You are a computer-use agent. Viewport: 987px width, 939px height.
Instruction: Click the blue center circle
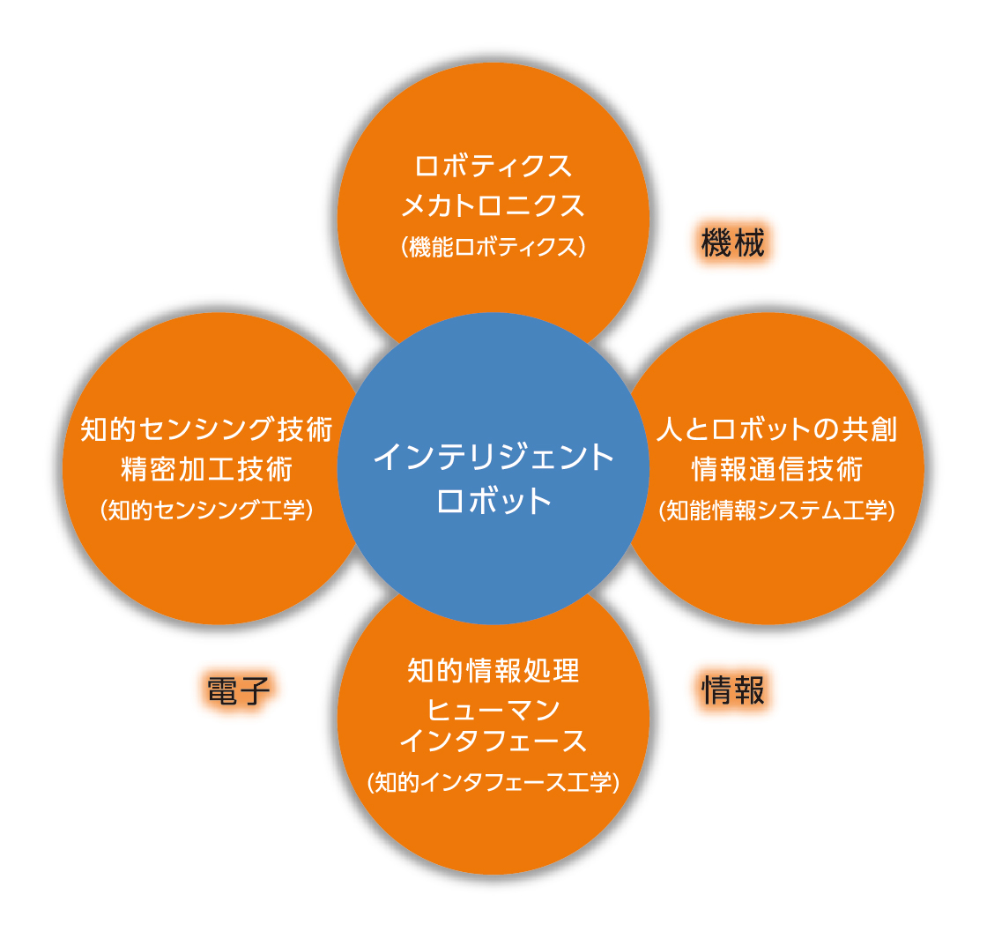click(x=493, y=468)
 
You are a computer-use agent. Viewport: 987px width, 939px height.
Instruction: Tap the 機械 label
click(x=732, y=243)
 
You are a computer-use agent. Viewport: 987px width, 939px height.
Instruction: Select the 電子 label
click(x=238, y=690)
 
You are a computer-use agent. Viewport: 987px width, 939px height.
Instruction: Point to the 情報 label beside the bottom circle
click(x=732, y=689)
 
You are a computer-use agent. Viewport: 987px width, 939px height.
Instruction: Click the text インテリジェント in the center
click(x=493, y=456)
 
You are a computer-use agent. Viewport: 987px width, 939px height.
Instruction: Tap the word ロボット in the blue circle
click(x=493, y=502)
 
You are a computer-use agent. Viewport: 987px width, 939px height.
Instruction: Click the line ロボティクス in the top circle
click(x=493, y=167)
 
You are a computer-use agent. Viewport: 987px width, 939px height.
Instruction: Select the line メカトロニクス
click(x=493, y=206)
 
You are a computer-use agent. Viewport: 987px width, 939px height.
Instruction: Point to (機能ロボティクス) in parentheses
click(x=493, y=246)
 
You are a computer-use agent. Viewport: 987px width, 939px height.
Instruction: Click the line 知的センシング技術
click(x=206, y=429)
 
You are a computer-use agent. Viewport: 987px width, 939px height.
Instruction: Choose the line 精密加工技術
click(x=206, y=469)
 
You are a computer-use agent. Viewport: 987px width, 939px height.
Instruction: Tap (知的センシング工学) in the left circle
click(x=206, y=510)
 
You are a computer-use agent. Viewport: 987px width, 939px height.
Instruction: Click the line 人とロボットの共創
click(x=776, y=429)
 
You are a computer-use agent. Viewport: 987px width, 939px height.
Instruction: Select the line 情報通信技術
click(x=776, y=469)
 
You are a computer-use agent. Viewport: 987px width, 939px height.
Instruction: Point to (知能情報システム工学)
click(x=776, y=510)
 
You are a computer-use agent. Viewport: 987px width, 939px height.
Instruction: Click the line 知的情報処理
click(x=493, y=670)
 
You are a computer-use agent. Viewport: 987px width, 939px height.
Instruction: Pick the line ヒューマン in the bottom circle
click(x=493, y=710)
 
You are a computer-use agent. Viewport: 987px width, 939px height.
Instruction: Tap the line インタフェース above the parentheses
click(x=493, y=741)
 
